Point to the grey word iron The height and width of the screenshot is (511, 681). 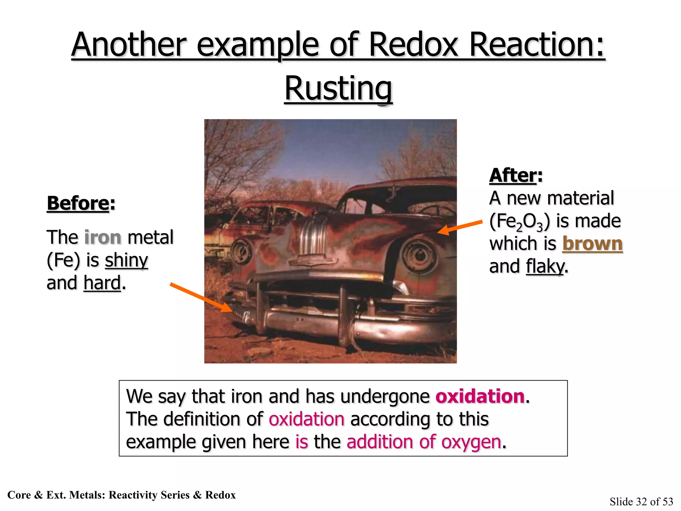click(103, 238)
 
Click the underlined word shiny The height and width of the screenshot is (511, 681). click(126, 260)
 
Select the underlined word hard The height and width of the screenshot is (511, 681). click(102, 283)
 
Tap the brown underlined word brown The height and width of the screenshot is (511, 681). click(592, 244)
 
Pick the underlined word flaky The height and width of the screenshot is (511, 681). click(545, 266)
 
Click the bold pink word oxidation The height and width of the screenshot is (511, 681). click(480, 397)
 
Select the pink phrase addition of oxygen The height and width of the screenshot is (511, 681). click(424, 442)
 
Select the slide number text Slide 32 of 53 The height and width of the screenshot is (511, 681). click(641, 501)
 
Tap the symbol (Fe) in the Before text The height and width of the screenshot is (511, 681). click(63, 260)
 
